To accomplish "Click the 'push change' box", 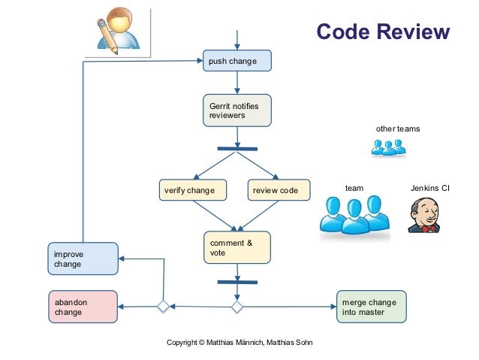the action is (x=237, y=61).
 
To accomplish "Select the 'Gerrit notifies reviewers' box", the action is (x=237, y=110).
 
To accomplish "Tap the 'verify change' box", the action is (x=193, y=190).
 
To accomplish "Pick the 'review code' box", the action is (x=279, y=190).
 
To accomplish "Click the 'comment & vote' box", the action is (x=237, y=247).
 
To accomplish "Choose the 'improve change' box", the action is (x=83, y=259).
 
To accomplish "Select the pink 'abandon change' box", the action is (x=83, y=307).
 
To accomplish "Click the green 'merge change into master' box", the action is (x=372, y=307).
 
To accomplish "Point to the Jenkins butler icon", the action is (x=424, y=215).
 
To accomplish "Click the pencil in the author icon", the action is (x=107, y=37).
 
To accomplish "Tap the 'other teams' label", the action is (x=398, y=129).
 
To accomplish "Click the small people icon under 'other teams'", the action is (x=389, y=148).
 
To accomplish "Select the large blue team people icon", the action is (x=354, y=215).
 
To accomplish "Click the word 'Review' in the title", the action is (x=413, y=32).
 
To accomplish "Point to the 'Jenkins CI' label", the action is (x=429, y=188).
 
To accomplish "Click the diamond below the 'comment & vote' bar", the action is (x=237, y=307).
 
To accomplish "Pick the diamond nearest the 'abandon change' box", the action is (x=163, y=306).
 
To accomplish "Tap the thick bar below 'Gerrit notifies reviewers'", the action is (x=237, y=149).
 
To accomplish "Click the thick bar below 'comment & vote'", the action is (x=237, y=282).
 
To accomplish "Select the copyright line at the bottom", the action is (x=239, y=343).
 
